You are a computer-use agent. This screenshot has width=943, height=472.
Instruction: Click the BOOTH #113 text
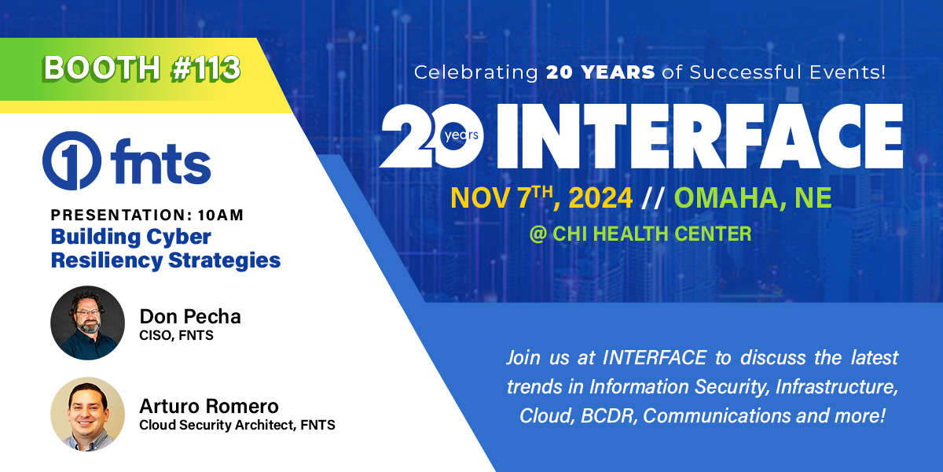pos(141,69)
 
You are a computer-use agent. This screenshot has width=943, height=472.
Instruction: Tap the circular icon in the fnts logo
pos(71,160)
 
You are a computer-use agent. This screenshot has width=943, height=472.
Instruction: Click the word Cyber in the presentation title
pos(178,237)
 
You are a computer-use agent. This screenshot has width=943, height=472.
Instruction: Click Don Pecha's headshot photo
pos(87,323)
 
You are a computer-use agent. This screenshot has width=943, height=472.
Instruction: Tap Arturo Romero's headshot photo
pos(87,414)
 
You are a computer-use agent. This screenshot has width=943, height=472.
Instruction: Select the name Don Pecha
pos(190,316)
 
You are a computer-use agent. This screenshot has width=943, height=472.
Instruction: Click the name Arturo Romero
pos(208,407)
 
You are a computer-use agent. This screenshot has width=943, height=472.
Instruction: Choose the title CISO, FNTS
pos(176,335)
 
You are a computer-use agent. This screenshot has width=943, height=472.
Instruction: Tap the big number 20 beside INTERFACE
pos(428,136)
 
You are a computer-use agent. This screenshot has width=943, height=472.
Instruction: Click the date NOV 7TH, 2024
pos(541,198)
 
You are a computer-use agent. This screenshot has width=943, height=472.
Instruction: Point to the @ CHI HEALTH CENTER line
pos(640,234)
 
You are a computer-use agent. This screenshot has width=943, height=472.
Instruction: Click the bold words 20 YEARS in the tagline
pos(600,73)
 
